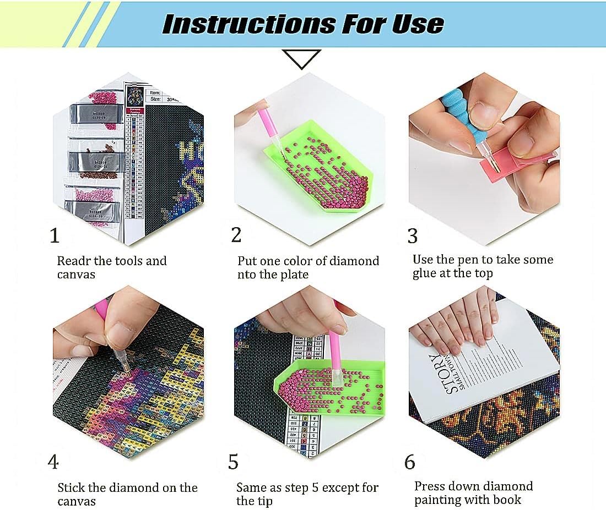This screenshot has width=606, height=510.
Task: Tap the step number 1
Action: tap(54, 236)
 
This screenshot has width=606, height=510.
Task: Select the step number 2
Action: tap(236, 235)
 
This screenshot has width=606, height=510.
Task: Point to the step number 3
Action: tap(412, 235)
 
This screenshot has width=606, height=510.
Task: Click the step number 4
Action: tap(53, 462)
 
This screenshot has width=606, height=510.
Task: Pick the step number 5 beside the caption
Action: tap(233, 463)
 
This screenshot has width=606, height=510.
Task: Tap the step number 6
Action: tap(409, 462)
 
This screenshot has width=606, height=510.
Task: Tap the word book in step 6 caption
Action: tap(507, 500)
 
